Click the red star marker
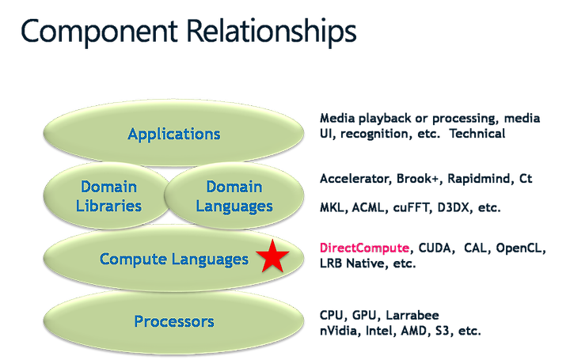tap(272, 256)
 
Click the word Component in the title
tap(99, 32)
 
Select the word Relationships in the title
tap(272, 32)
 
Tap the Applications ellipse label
tap(173, 134)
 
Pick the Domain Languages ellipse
tap(234, 196)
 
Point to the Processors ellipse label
tap(174, 321)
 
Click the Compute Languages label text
tap(173, 260)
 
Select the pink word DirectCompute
tap(365, 248)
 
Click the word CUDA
tap(435, 248)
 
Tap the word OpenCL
tap(519, 248)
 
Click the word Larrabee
tap(412, 315)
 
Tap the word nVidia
tap(336, 331)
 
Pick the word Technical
tap(477, 134)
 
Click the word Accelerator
tap(354, 179)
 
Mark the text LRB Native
tap(351, 263)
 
